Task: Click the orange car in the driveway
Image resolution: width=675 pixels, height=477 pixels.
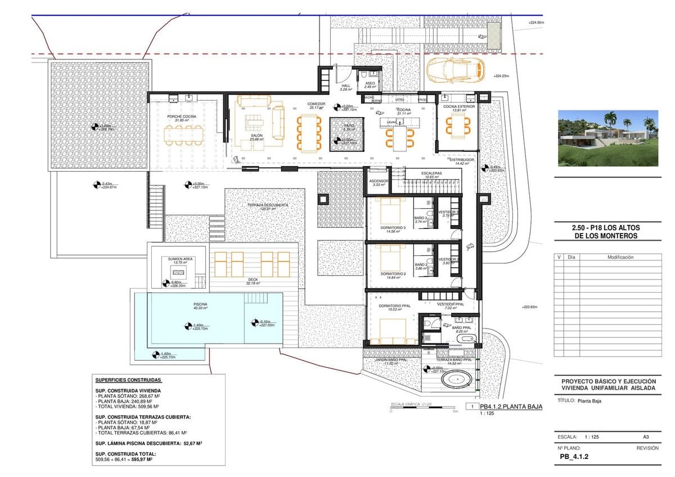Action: [456, 70]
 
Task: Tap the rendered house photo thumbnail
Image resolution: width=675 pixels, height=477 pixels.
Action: [608, 138]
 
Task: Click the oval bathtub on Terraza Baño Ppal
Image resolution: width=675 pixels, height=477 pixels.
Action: [457, 381]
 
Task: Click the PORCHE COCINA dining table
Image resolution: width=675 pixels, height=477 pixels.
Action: [183, 134]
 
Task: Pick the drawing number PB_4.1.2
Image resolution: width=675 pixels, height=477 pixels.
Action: [573, 457]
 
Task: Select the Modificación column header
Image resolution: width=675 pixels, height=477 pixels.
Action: [620, 257]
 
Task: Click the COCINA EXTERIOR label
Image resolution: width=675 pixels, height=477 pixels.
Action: [458, 107]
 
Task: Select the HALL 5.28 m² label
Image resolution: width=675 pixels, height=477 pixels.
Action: [346, 87]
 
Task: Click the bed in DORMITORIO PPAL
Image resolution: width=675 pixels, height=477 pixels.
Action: [391, 330]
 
